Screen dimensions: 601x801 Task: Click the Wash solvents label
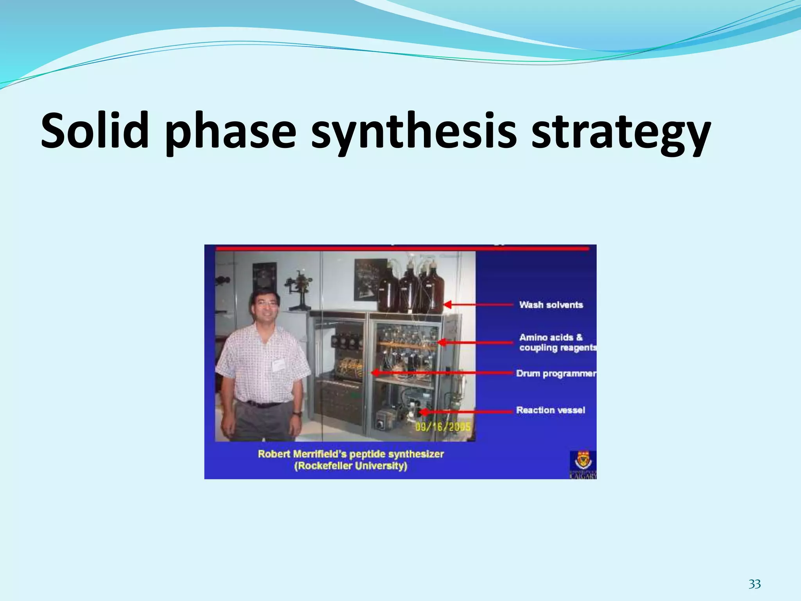[551, 304]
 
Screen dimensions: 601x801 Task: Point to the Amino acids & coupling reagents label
[557, 342]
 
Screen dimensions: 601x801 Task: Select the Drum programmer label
[556, 373]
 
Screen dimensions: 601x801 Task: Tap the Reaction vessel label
[550, 410]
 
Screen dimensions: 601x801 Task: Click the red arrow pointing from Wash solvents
[479, 304]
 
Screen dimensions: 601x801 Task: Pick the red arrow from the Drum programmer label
[442, 373]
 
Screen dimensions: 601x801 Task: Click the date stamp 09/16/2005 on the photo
[442, 426]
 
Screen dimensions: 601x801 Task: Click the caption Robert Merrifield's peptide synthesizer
[351, 454]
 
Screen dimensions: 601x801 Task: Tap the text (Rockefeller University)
[351, 466]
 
